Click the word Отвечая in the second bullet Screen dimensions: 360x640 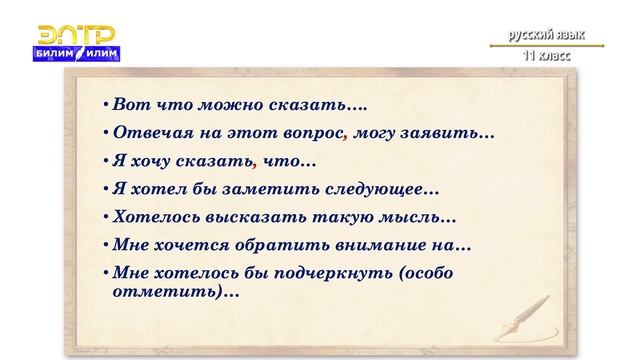[147, 132]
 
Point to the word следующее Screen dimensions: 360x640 [379, 187]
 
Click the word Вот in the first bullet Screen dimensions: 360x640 [129, 104]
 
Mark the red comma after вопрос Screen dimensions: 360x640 [346, 136]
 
